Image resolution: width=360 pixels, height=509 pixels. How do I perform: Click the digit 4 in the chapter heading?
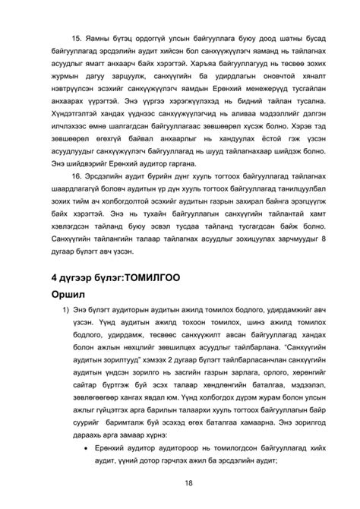(54, 277)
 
